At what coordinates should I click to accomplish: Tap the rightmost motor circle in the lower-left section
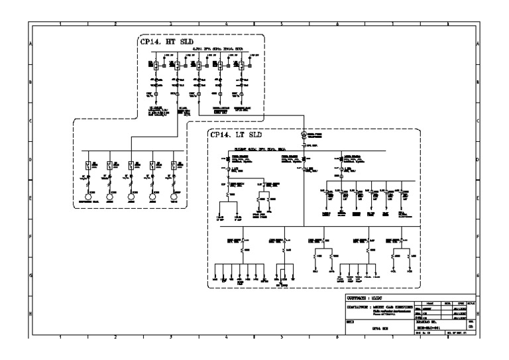point(175,197)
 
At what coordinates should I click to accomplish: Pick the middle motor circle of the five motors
point(132,197)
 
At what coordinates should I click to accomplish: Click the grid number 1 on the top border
point(61,23)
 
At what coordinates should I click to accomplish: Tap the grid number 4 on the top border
point(227,23)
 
